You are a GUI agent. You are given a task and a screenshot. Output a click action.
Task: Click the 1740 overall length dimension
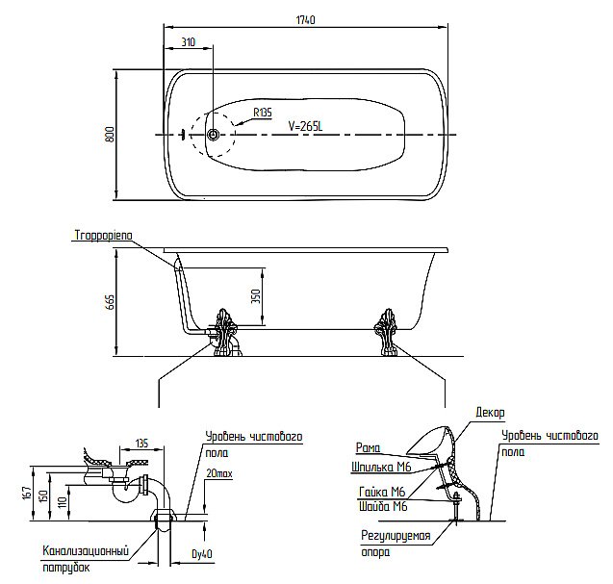tap(306, 19)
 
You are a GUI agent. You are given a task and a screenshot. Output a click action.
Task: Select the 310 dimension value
tap(188, 43)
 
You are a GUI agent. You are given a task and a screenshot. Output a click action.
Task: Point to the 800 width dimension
tap(110, 135)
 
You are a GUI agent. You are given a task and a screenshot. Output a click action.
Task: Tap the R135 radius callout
tap(262, 113)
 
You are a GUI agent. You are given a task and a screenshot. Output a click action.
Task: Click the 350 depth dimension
tap(256, 296)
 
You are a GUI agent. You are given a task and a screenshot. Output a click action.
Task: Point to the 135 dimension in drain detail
tap(141, 444)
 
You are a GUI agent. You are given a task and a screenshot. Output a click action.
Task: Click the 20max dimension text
tap(219, 474)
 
